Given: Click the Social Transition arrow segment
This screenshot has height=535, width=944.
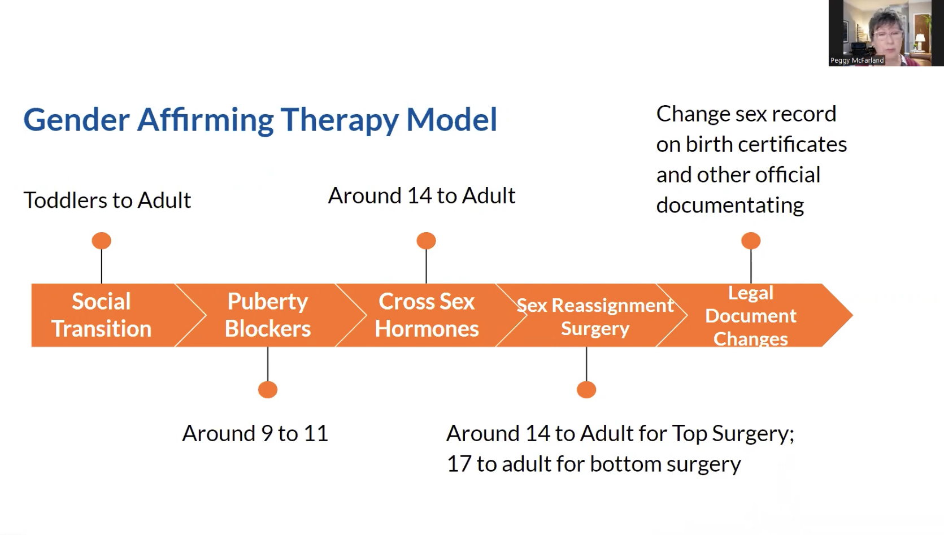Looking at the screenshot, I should [102, 315].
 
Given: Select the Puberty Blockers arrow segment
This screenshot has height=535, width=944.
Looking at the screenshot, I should [268, 315].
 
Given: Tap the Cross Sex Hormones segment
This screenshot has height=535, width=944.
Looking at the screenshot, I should [427, 315].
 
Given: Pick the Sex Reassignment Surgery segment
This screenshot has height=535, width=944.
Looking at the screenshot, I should [594, 316].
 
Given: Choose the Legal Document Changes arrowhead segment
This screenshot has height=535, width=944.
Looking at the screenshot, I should [750, 315].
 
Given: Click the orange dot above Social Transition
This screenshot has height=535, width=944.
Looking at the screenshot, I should [102, 241].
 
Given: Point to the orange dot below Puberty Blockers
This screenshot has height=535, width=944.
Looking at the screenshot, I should [268, 390].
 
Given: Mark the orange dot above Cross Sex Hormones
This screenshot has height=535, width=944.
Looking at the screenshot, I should [427, 241].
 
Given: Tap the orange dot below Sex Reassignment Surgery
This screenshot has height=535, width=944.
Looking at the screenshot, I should [586, 390].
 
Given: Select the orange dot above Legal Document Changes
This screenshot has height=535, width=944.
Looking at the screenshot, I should [751, 241].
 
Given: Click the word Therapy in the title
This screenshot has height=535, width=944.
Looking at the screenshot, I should [339, 120].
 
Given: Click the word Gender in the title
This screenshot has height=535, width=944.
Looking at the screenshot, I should [76, 120].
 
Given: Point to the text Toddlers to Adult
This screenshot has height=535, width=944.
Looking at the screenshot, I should [107, 201].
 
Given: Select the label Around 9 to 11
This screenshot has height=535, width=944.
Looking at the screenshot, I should [255, 434].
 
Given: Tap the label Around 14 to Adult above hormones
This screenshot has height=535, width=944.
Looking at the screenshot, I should [421, 196].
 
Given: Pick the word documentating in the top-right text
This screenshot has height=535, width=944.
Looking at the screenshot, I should [730, 206].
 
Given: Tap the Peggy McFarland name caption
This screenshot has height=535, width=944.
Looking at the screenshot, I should [856, 60].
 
